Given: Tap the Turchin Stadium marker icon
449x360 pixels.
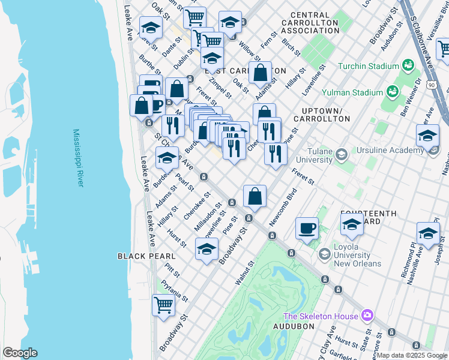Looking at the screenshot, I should [409, 65].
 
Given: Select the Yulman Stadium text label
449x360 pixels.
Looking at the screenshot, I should [352, 92].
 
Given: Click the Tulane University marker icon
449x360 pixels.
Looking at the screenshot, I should [341, 155].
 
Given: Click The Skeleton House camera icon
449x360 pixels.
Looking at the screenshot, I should [367, 316].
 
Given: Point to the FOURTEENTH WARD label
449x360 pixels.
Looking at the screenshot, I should [368, 217].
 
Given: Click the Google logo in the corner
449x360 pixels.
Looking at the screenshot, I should [20, 353].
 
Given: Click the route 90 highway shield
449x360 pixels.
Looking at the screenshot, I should [432, 86].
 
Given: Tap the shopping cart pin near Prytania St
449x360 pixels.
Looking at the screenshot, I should [164, 305].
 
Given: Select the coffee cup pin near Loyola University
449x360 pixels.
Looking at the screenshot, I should [307, 229].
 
